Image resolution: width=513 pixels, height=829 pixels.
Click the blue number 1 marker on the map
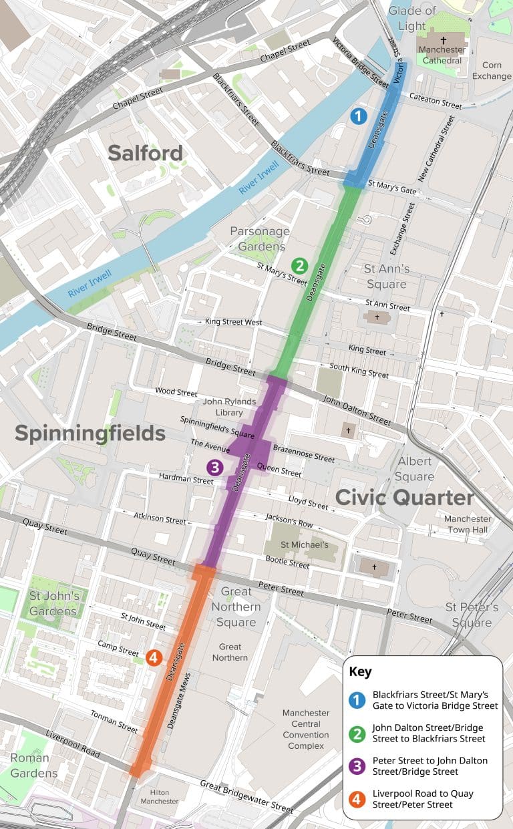pos(359,116)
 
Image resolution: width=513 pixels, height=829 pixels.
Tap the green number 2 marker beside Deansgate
pos(300,266)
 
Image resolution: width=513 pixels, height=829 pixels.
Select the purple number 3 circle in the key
pos(358,766)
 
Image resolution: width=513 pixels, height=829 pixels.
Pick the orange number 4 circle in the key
pos(358,799)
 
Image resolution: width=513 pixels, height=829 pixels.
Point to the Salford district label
pos(145,153)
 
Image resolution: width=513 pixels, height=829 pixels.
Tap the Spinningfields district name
pos(90,434)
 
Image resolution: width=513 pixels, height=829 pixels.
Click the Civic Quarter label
pos(404,498)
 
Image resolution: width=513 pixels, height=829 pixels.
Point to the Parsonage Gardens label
pos(260,238)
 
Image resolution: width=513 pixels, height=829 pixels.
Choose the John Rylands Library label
pos(230,407)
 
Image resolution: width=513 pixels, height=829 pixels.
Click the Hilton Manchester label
pos(160,797)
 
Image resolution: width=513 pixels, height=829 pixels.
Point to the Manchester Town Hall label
pos(468,524)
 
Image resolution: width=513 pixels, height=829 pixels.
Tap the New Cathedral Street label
pos(436,148)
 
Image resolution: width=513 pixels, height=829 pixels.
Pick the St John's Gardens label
pos(54,603)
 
